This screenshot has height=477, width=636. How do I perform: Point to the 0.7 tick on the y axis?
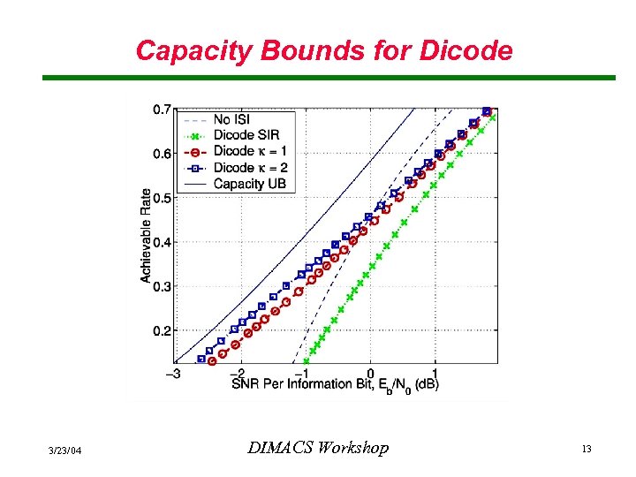pos(162,110)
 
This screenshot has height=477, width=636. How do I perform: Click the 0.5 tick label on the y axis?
pos(162,198)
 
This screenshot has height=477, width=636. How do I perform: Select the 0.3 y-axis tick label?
pos(162,286)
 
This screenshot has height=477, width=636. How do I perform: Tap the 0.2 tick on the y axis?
pos(162,330)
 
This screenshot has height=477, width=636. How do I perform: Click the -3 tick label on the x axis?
pos(175,373)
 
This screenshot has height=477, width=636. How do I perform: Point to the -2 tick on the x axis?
pos(239,373)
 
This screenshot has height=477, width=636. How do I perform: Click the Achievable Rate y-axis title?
pos(145,236)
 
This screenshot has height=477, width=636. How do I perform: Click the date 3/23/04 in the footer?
pos(66,450)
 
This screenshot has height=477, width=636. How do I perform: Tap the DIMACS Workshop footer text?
pos(317,449)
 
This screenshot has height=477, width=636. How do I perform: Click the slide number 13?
pos(586,450)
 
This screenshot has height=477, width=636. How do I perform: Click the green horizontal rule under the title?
pos(329,78)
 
